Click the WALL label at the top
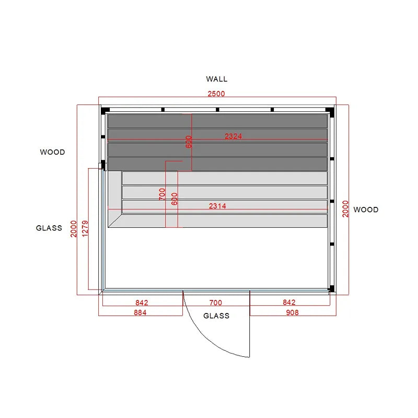[x=216, y=79]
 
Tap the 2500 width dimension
[x=216, y=94]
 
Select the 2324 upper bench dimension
[x=233, y=136]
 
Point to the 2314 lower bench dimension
[x=217, y=206]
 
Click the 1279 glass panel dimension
[x=85, y=228]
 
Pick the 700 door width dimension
[x=216, y=303]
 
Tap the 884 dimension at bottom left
[x=140, y=312]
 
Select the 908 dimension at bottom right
[x=292, y=312]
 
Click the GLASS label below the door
[x=216, y=316]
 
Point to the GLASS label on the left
[x=49, y=228]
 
